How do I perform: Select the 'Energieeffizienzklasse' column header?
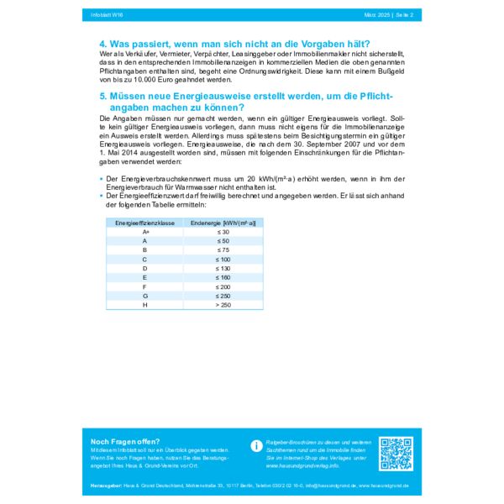point(144,223)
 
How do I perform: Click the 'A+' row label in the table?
point(144,232)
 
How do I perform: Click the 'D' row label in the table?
point(144,268)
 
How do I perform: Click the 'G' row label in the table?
point(144,296)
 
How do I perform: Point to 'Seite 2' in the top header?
point(400,14)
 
